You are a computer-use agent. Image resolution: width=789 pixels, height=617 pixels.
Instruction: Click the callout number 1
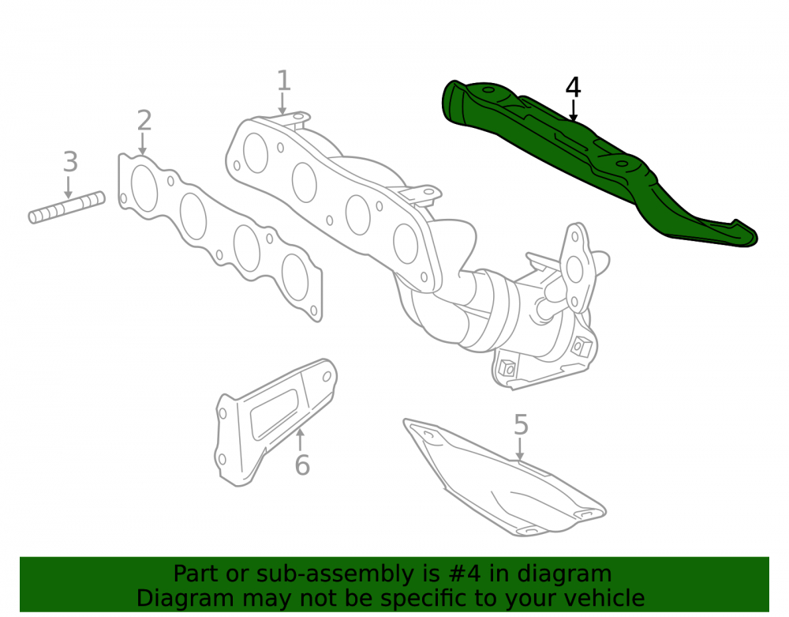[284, 81]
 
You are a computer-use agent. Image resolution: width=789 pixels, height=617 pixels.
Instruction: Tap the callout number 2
[144, 121]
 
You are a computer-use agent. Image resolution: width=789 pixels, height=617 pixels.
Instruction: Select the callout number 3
[70, 162]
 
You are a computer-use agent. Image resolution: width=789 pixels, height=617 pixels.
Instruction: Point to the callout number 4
[573, 87]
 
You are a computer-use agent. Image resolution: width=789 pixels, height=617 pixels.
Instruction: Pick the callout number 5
[521, 424]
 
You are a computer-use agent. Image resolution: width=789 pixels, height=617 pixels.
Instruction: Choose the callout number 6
[302, 465]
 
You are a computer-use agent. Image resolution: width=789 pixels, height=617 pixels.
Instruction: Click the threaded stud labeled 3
[66, 207]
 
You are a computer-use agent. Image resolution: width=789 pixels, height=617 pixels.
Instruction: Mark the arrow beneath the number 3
[69, 186]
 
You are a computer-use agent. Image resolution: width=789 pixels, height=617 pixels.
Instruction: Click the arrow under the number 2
[142, 144]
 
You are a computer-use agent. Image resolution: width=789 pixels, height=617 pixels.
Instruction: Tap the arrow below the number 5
[520, 449]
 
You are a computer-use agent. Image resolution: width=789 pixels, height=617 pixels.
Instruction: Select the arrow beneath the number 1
[282, 103]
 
